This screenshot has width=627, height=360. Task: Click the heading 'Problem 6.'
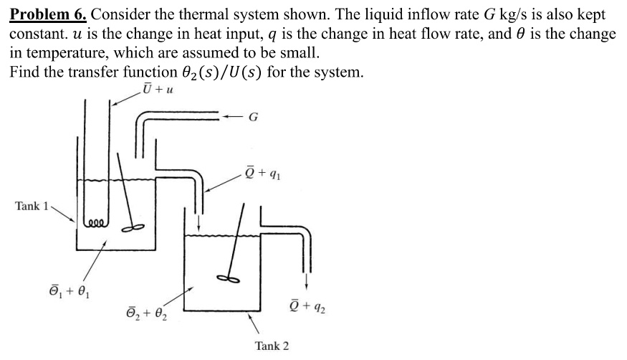pos(48,14)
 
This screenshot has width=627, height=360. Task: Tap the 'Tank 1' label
pos(32,206)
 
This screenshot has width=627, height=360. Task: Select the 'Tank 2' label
pos(272,346)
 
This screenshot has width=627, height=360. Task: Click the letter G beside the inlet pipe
pos(253,117)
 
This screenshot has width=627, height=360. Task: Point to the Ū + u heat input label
pos(158,88)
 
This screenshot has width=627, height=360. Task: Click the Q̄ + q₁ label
pos(263,173)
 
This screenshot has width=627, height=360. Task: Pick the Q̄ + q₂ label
pos(307,306)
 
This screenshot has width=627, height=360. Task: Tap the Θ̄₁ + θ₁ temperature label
pos(70,291)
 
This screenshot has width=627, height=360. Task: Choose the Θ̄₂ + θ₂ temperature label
pos(147,313)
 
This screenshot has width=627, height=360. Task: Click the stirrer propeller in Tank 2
pos(228,278)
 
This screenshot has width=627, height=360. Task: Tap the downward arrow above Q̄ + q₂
pos(306,281)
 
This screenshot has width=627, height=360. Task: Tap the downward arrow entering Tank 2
pos(198,224)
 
